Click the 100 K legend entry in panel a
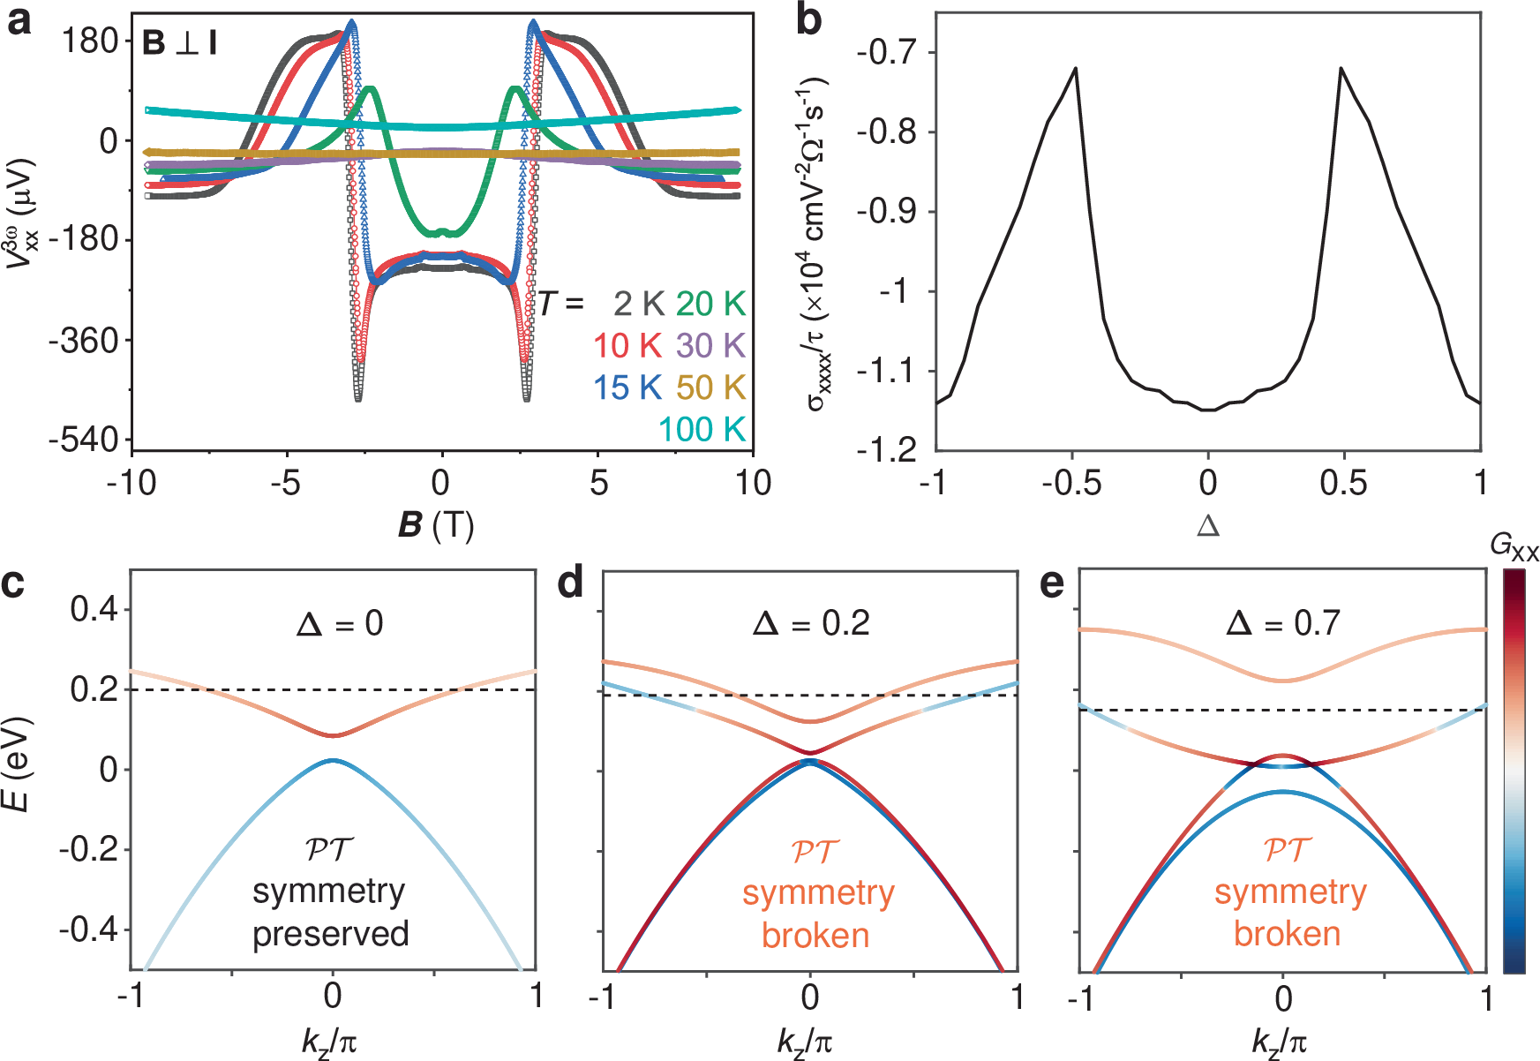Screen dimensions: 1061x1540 coord(702,429)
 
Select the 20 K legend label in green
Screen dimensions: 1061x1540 coord(711,304)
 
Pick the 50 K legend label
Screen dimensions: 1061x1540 coord(711,388)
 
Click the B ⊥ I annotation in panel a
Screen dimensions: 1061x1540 coord(180,42)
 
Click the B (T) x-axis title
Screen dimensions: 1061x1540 coord(436,525)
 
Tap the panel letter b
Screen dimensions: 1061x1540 coord(808,19)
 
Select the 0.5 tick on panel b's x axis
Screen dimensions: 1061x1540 coord(1343,483)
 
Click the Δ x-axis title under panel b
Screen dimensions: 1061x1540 coord(1208,527)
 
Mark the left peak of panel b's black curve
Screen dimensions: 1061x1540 coord(1076,68)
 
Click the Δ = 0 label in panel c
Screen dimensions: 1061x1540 coord(340,624)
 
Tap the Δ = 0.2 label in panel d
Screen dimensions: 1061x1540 coord(811,624)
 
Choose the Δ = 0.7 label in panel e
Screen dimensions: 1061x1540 coord(1283,624)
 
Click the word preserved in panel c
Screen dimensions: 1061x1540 coord(331,934)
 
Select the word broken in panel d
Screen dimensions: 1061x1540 coord(815,936)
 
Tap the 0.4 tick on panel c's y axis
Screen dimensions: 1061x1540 coord(95,609)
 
